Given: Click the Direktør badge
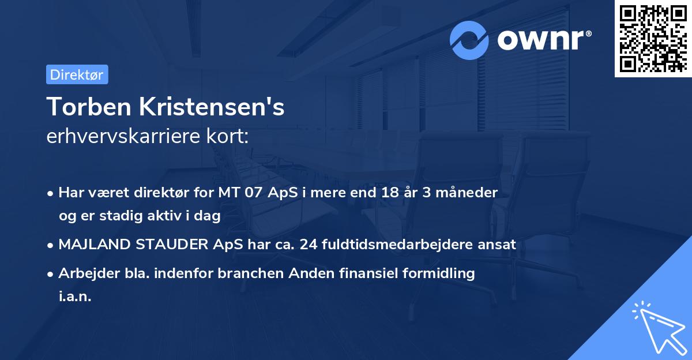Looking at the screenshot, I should coord(77,74).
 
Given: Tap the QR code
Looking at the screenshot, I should coord(653,39).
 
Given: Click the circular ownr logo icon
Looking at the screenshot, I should coord(469,40).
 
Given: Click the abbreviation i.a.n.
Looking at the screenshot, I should coord(75,297).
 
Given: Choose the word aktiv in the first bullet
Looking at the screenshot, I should coord(161,216).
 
